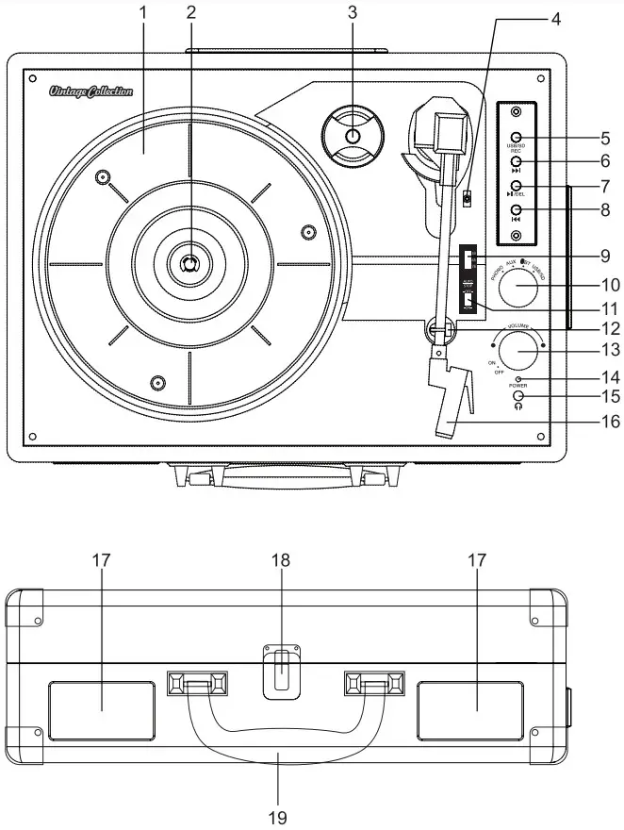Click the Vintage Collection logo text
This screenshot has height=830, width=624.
tap(91, 91)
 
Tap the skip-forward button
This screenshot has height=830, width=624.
tap(516, 162)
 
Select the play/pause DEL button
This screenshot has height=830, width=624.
tap(516, 186)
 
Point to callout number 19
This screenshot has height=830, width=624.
tap(278, 817)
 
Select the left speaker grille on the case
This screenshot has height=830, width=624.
tap(102, 710)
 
